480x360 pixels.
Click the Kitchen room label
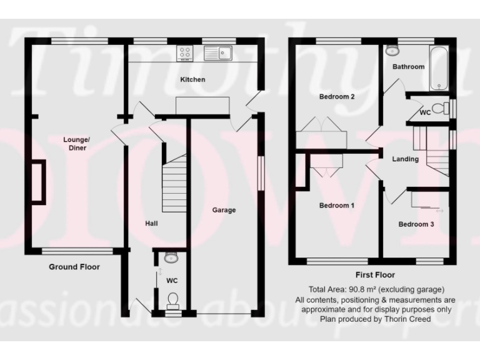[192, 80]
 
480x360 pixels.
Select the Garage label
[223, 210]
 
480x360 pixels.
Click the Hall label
[152, 223]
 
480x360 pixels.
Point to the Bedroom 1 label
[337, 206]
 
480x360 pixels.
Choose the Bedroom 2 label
[337, 97]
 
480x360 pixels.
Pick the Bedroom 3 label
[416, 224]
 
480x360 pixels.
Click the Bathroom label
[408, 66]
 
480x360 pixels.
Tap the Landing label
[405, 159]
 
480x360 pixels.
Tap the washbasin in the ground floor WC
[171, 257]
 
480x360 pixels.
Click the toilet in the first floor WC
[440, 109]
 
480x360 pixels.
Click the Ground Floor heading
[74, 267]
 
